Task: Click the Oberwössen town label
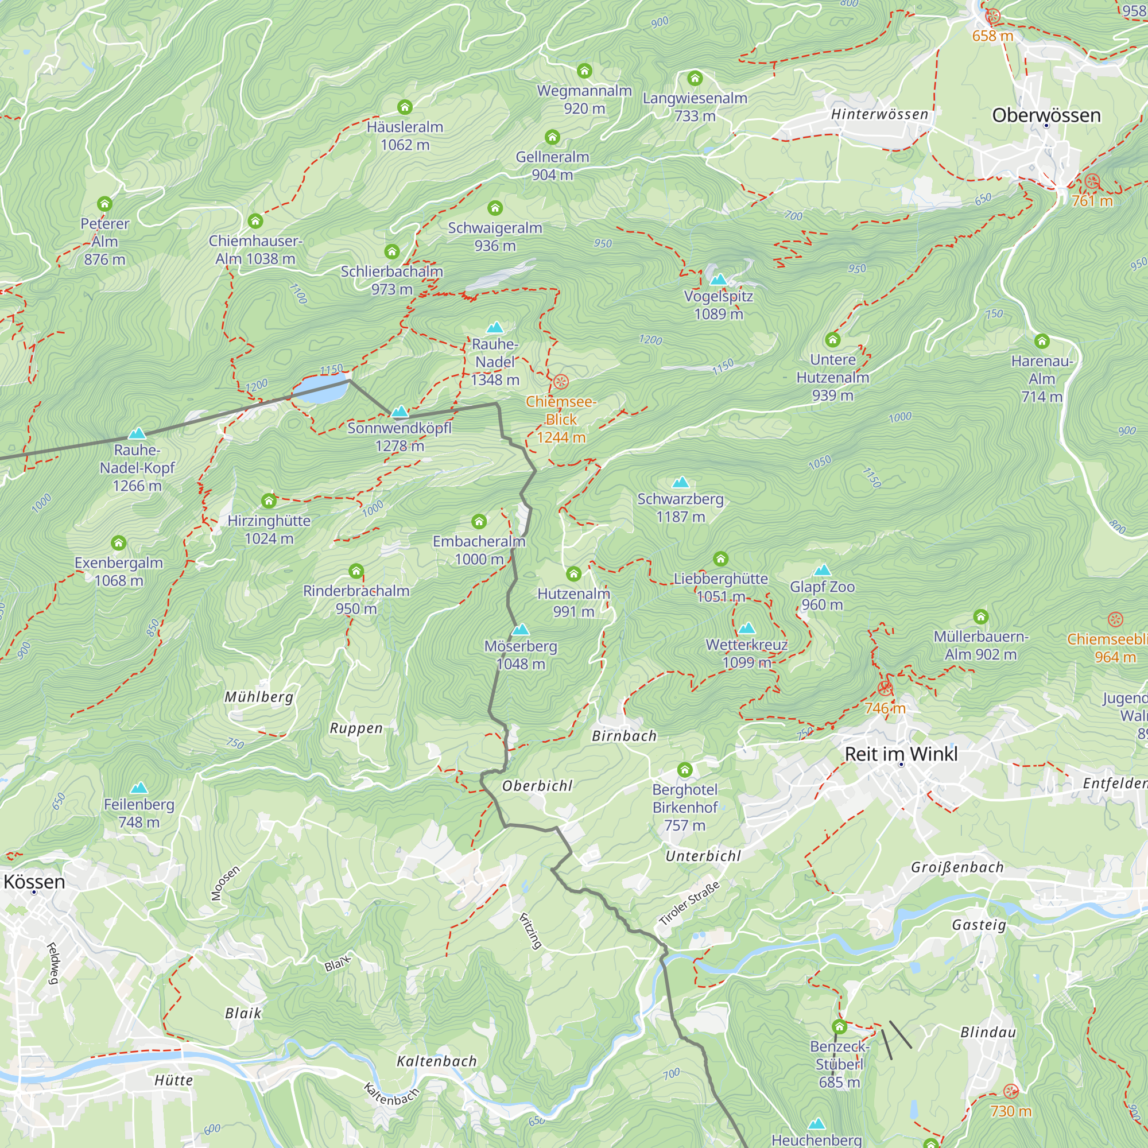click(x=1046, y=115)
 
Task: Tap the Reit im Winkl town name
click(x=901, y=754)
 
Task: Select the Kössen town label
click(x=34, y=882)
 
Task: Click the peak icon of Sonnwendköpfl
click(x=400, y=411)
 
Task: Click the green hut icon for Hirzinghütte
click(x=269, y=501)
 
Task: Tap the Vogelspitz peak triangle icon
click(x=719, y=280)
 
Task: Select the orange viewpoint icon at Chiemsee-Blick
click(x=561, y=382)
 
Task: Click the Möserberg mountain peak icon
click(x=521, y=629)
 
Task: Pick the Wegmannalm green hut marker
click(x=585, y=71)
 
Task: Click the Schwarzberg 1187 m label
click(x=680, y=507)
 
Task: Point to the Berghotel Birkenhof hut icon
click(x=685, y=770)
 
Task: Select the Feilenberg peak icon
click(x=139, y=788)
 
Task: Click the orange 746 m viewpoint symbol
click(x=885, y=688)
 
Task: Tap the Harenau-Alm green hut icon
click(x=1042, y=341)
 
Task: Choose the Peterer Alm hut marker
click(x=105, y=204)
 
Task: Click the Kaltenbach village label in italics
click(x=437, y=1061)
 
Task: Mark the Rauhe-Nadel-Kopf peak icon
click(x=137, y=433)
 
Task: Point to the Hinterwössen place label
click(x=879, y=114)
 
